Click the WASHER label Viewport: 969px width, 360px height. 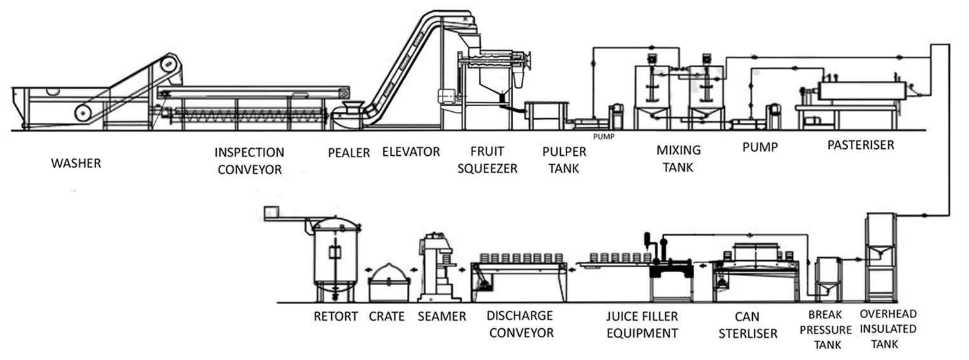(x=76, y=163)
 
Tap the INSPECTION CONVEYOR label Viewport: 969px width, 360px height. (x=249, y=161)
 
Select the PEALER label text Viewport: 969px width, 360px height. (x=349, y=153)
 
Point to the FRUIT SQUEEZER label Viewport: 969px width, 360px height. (x=487, y=160)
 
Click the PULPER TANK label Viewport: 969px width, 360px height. (x=564, y=160)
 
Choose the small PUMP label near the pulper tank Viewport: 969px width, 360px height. (x=603, y=136)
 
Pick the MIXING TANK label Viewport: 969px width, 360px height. (x=678, y=159)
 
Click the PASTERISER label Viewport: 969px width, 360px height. (x=860, y=145)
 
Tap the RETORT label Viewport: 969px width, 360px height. (x=336, y=317)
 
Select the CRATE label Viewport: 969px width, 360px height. (x=387, y=317)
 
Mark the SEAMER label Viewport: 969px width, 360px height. (x=442, y=317)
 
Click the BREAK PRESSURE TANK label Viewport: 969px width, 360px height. (x=829, y=329)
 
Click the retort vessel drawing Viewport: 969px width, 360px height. (x=334, y=258)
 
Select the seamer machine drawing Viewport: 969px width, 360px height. (x=439, y=267)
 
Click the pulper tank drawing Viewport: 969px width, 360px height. (x=545, y=115)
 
